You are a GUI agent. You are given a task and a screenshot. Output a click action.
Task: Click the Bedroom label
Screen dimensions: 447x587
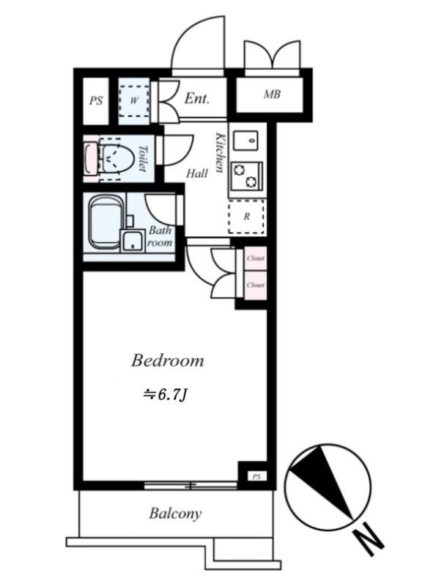pyautogui.click(x=167, y=360)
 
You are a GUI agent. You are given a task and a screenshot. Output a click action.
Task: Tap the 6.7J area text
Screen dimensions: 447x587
pyautogui.click(x=165, y=395)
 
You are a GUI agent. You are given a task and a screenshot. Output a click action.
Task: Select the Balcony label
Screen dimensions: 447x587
pyautogui.click(x=175, y=514)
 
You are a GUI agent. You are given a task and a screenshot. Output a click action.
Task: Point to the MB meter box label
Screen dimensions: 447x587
pyautogui.click(x=272, y=95)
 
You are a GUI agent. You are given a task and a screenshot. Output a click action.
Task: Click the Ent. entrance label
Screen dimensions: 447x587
pyautogui.click(x=196, y=98)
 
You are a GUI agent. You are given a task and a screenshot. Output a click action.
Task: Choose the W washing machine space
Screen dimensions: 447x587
pyautogui.click(x=135, y=101)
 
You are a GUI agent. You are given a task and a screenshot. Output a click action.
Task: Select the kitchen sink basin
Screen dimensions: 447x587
pyautogui.click(x=245, y=140)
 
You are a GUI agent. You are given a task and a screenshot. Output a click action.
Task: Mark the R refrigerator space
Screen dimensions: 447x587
pyautogui.click(x=247, y=216)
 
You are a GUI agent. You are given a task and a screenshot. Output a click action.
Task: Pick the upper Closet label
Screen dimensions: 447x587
pyautogui.click(x=256, y=258)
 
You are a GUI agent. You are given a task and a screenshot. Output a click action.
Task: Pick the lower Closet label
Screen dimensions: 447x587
pyautogui.click(x=256, y=285)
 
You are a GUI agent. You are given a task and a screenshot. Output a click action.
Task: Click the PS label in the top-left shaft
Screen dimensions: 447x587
pyautogui.click(x=96, y=101)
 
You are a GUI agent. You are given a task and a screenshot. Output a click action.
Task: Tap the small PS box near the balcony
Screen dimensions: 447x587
pyautogui.click(x=256, y=476)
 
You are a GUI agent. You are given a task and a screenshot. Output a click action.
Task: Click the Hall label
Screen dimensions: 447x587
pyautogui.click(x=197, y=173)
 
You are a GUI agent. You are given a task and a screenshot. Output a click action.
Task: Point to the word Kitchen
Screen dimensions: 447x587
pyautogui.click(x=220, y=153)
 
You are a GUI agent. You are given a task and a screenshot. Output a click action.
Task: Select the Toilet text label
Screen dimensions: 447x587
pyautogui.click(x=142, y=158)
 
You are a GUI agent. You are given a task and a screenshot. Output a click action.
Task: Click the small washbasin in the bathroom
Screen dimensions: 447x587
pyautogui.click(x=133, y=240)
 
